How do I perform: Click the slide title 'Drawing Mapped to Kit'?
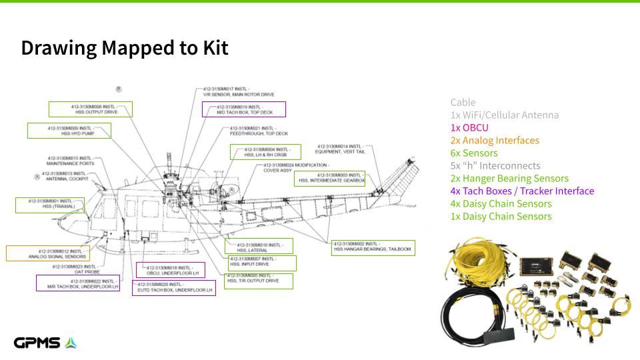click(x=125, y=48)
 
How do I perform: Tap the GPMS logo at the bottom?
click(x=45, y=343)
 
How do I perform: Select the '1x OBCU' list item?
click(x=469, y=128)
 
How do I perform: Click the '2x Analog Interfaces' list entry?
click(x=495, y=141)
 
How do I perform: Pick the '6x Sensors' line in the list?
click(x=473, y=153)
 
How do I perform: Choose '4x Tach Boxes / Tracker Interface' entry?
click(x=522, y=191)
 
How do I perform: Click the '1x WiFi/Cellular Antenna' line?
click(x=504, y=115)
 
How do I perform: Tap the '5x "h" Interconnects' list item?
click(x=495, y=166)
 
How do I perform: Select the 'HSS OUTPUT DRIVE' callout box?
click(x=91, y=109)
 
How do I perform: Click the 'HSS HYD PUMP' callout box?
click(x=69, y=131)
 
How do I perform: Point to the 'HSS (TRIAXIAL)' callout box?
click(x=51, y=205)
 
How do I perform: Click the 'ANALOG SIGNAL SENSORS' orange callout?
click(x=47, y=253)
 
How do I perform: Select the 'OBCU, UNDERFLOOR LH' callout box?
click(x=171, y=270)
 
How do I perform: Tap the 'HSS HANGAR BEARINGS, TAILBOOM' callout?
click(x=373, y=247)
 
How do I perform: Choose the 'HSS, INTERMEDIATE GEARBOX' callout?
click(x=331, y=178)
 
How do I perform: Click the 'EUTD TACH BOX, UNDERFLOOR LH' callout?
click(x=174, y=287)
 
